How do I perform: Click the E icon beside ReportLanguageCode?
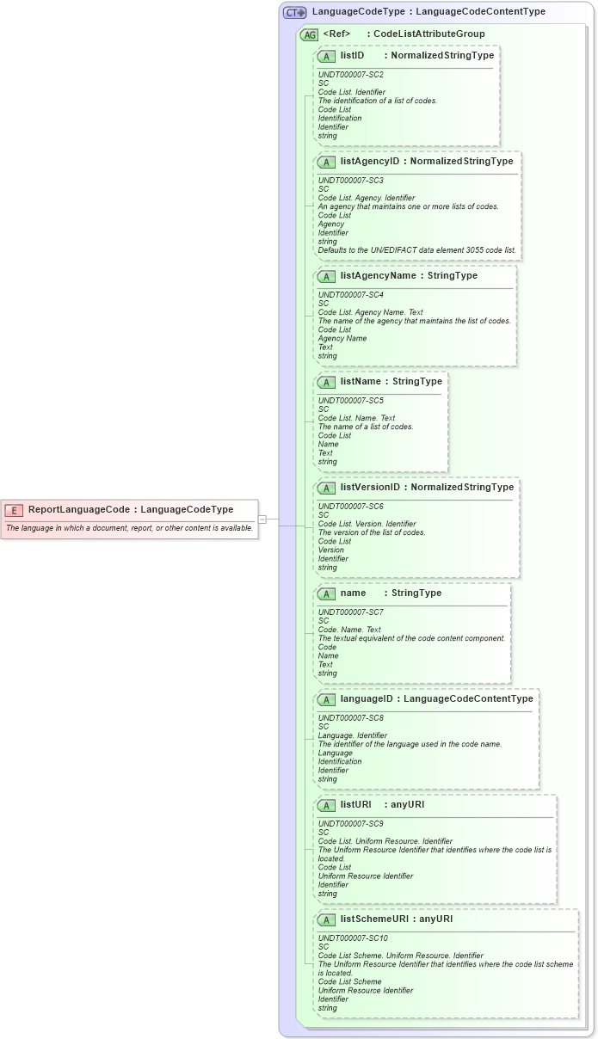click(14, 509)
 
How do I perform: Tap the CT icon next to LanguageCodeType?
click(295, 12)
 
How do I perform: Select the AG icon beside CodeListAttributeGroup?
click(309, 34)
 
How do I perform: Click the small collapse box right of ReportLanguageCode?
click(262, 519)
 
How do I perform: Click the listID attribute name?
click(352, 55)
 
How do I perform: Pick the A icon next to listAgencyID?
click(327, 162)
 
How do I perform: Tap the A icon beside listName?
click(327, 382)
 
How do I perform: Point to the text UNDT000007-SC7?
click(351, 612)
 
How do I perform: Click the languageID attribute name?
click(367, 698)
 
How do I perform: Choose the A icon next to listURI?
click(327, 805)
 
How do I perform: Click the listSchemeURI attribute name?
click(374, 919)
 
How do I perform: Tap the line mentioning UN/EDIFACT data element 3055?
click(416, 250)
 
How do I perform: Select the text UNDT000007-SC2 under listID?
click(351, 75)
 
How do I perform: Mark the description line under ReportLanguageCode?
click(130, 528)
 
